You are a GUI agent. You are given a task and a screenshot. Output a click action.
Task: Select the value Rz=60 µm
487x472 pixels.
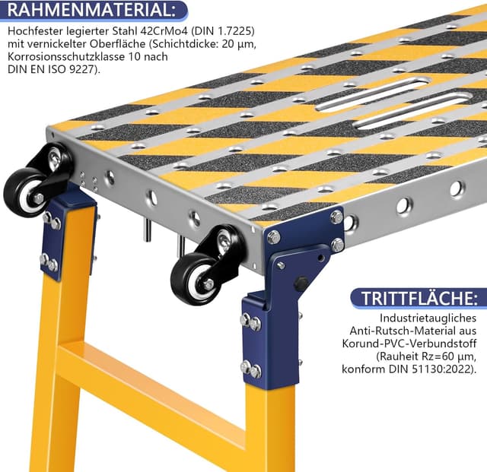click(x=436, y=356)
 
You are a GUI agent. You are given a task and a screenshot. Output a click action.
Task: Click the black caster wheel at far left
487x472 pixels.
click(x=24, y=192)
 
